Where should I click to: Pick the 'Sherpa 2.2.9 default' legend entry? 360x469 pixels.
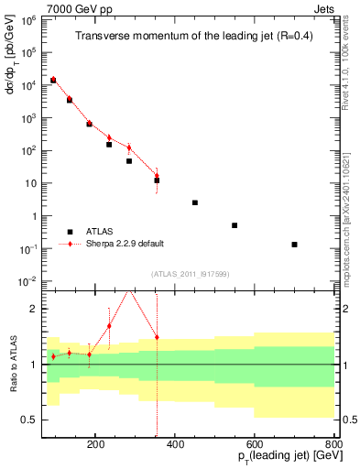126,244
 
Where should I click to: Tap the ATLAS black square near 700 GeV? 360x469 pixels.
294,245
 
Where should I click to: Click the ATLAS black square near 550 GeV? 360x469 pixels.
235,225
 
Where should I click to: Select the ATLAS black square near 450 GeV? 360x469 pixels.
195,202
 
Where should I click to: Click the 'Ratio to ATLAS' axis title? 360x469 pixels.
13,365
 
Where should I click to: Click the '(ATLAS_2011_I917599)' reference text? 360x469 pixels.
189,275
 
